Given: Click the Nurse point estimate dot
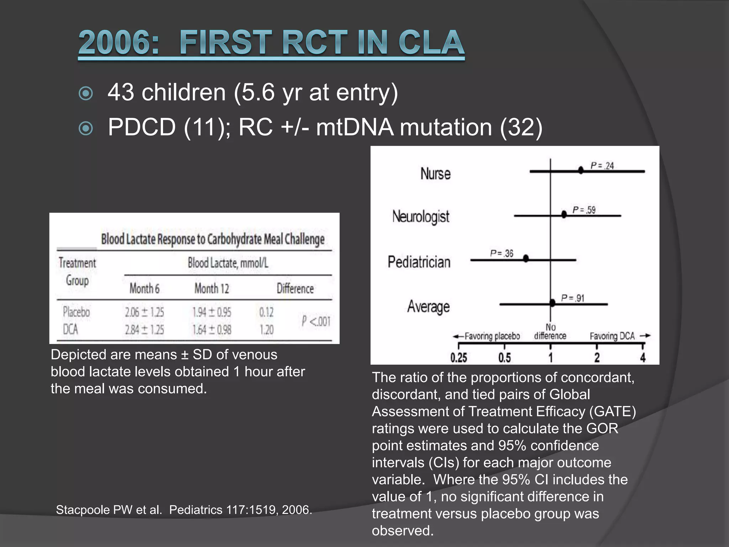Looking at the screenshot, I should tap(581, 170).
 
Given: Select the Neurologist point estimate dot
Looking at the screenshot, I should tap(564, 214).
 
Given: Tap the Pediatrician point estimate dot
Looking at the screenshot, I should tap(526, 259).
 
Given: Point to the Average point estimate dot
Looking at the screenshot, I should tap(552, 303).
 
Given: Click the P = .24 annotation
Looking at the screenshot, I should tap(602, 166).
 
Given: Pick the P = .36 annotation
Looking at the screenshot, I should tap(502, 253).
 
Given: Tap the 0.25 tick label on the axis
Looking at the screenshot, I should tap(458, 357).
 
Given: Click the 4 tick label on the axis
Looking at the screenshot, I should tap(643, 357).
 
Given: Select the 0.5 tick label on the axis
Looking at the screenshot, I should tap(504, 357).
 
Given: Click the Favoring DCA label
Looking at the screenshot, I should tap(612, 336).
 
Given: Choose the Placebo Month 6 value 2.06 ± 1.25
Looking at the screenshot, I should tap(144, 312).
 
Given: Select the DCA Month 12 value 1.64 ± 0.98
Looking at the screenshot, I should tap(212, 330).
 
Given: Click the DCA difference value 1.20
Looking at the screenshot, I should tap(266, 330).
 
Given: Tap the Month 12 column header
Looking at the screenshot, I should tap(212, 288).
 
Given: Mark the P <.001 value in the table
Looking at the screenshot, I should tap(316, 321).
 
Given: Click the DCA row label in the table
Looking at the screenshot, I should tap(70, 330).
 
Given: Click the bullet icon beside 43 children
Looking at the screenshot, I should tap(86, 94).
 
